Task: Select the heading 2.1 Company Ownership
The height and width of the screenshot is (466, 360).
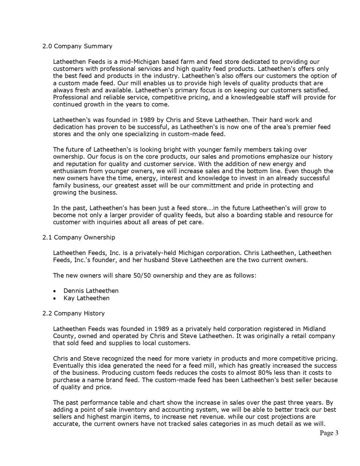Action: point(79,237)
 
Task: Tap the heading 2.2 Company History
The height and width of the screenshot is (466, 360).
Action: point(74,313)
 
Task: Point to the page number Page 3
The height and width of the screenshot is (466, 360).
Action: point(329,433)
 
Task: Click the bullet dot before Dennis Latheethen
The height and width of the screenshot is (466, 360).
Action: point(55,291)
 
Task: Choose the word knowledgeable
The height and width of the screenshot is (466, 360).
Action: point(238,97)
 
